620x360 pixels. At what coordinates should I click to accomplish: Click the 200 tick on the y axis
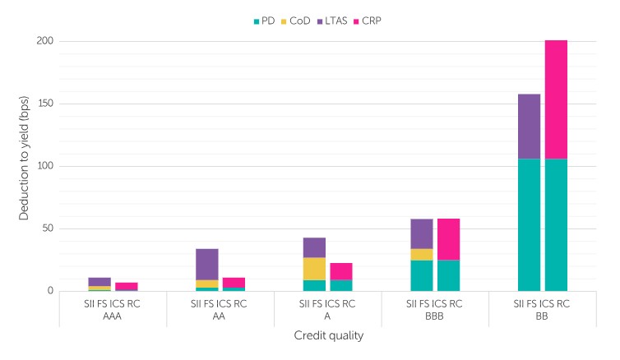pyautogui.click(x=45, y=41)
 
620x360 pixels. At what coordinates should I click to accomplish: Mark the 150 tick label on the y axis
pyautogui.click(x=45, y=104)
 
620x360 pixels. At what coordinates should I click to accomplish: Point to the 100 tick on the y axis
pyautogui.click(x=45, y=166)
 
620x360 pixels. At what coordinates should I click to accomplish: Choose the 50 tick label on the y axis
pyautogui.click(x=48, y=228)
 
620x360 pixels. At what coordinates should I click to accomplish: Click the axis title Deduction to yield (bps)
pyautogui.click(x=24, y=167)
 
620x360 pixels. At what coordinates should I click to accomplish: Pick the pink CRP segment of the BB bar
pyautogui.click(x=556, y=99)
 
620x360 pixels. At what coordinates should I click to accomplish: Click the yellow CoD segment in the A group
pyautogui.click(x=314, y=269)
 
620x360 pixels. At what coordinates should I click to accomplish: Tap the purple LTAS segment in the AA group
pyautogui.click(x=206, y=264)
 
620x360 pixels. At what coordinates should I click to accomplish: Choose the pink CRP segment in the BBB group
pyautogui.click(x=448, y=239)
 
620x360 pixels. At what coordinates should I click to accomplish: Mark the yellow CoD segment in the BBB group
pyautogui.click(x=422, y=255)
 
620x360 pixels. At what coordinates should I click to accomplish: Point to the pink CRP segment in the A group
pyautogui.click(x=341, y=271)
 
